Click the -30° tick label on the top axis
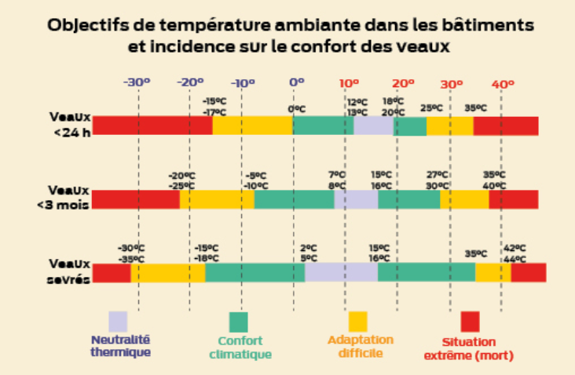(x=137, y=82)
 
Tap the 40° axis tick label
(x=503, y=82)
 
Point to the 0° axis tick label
(x=296, y=82)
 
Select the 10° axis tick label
(x=349, y=82)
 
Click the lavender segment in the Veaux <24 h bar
(x=373, y=126)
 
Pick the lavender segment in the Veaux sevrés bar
(x=341, y=271)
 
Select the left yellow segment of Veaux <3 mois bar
(x=217, y=199)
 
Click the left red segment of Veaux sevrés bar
(x=112, y=272)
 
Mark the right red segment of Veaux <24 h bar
(x=506, y=126)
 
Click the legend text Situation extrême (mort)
(x=469, y=349)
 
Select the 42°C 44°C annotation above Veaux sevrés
(x=515, y=253)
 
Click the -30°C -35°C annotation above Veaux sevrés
(x=131, y=253)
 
